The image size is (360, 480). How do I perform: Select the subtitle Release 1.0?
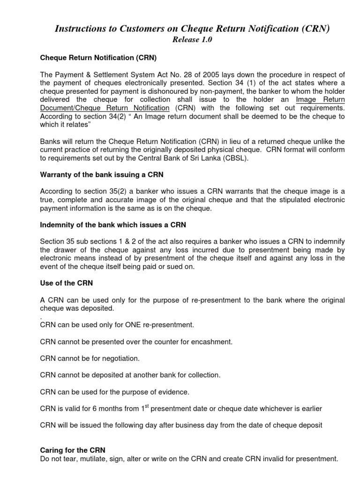point(193,40)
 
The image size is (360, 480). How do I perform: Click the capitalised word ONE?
point(129,325)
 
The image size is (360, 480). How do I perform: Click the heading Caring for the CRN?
point(69,451)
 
